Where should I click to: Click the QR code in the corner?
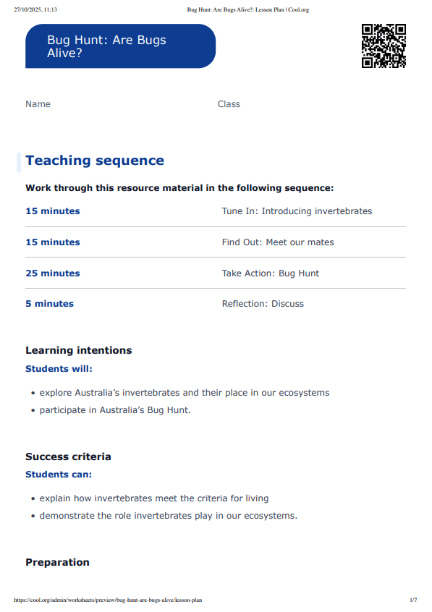[x=384, y=46]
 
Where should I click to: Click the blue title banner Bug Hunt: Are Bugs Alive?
[x=120, y=46]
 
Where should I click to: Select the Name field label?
[x=38, y=104]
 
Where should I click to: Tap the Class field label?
[x=229, y=104]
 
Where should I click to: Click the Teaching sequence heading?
[x=95, y=161]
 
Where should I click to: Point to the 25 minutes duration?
[x=53, y=273]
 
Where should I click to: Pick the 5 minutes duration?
[x=49, y=304]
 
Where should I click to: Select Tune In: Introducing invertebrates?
[x=297, y=211]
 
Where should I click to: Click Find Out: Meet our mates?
[x=278, y=242]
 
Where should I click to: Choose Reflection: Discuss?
[x=263, y=304]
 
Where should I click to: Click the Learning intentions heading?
[x=79, y=350]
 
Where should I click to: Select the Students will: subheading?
[x=59, y=369]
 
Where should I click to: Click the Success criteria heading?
[x=68, y=456]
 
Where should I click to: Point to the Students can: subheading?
[x=59, y=475]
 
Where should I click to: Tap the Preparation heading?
[x=57, y=562]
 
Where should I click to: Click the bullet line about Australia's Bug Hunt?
[x=115, y=410]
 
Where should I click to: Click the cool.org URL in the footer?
[x=108, y=600]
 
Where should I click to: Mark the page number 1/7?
[x=413, y=600]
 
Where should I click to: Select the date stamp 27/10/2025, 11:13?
[x=35, y=10]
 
